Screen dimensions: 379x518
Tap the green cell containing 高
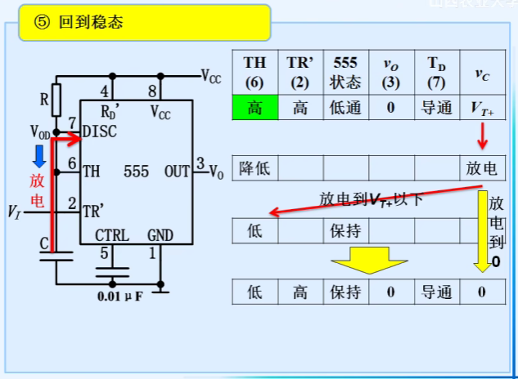tap(254, 107)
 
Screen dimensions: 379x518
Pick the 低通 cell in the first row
tap(346, 107)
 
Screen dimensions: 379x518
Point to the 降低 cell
tap(254, 168)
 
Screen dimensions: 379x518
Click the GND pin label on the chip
tap(160, 236)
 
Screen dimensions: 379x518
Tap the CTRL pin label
tap(111, 236)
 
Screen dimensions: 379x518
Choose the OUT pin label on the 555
tap(177, 172)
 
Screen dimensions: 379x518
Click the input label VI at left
tap(13, 212)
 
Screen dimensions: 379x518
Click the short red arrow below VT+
tap(482, 136)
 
